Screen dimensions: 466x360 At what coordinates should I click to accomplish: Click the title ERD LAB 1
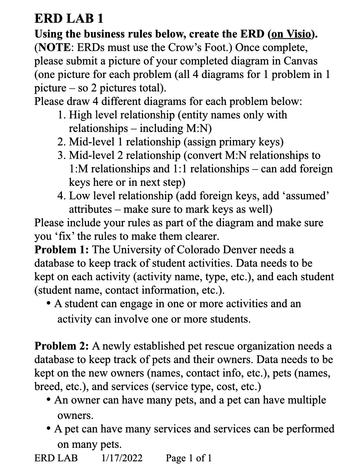click(69, 19)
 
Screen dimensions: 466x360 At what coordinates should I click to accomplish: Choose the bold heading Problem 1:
click(62, 250)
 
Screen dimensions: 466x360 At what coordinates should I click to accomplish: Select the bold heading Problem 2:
click(62, 346)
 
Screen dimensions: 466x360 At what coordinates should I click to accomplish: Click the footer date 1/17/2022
click(122, 458)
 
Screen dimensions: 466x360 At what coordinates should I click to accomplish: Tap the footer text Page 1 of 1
click(189, 458)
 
